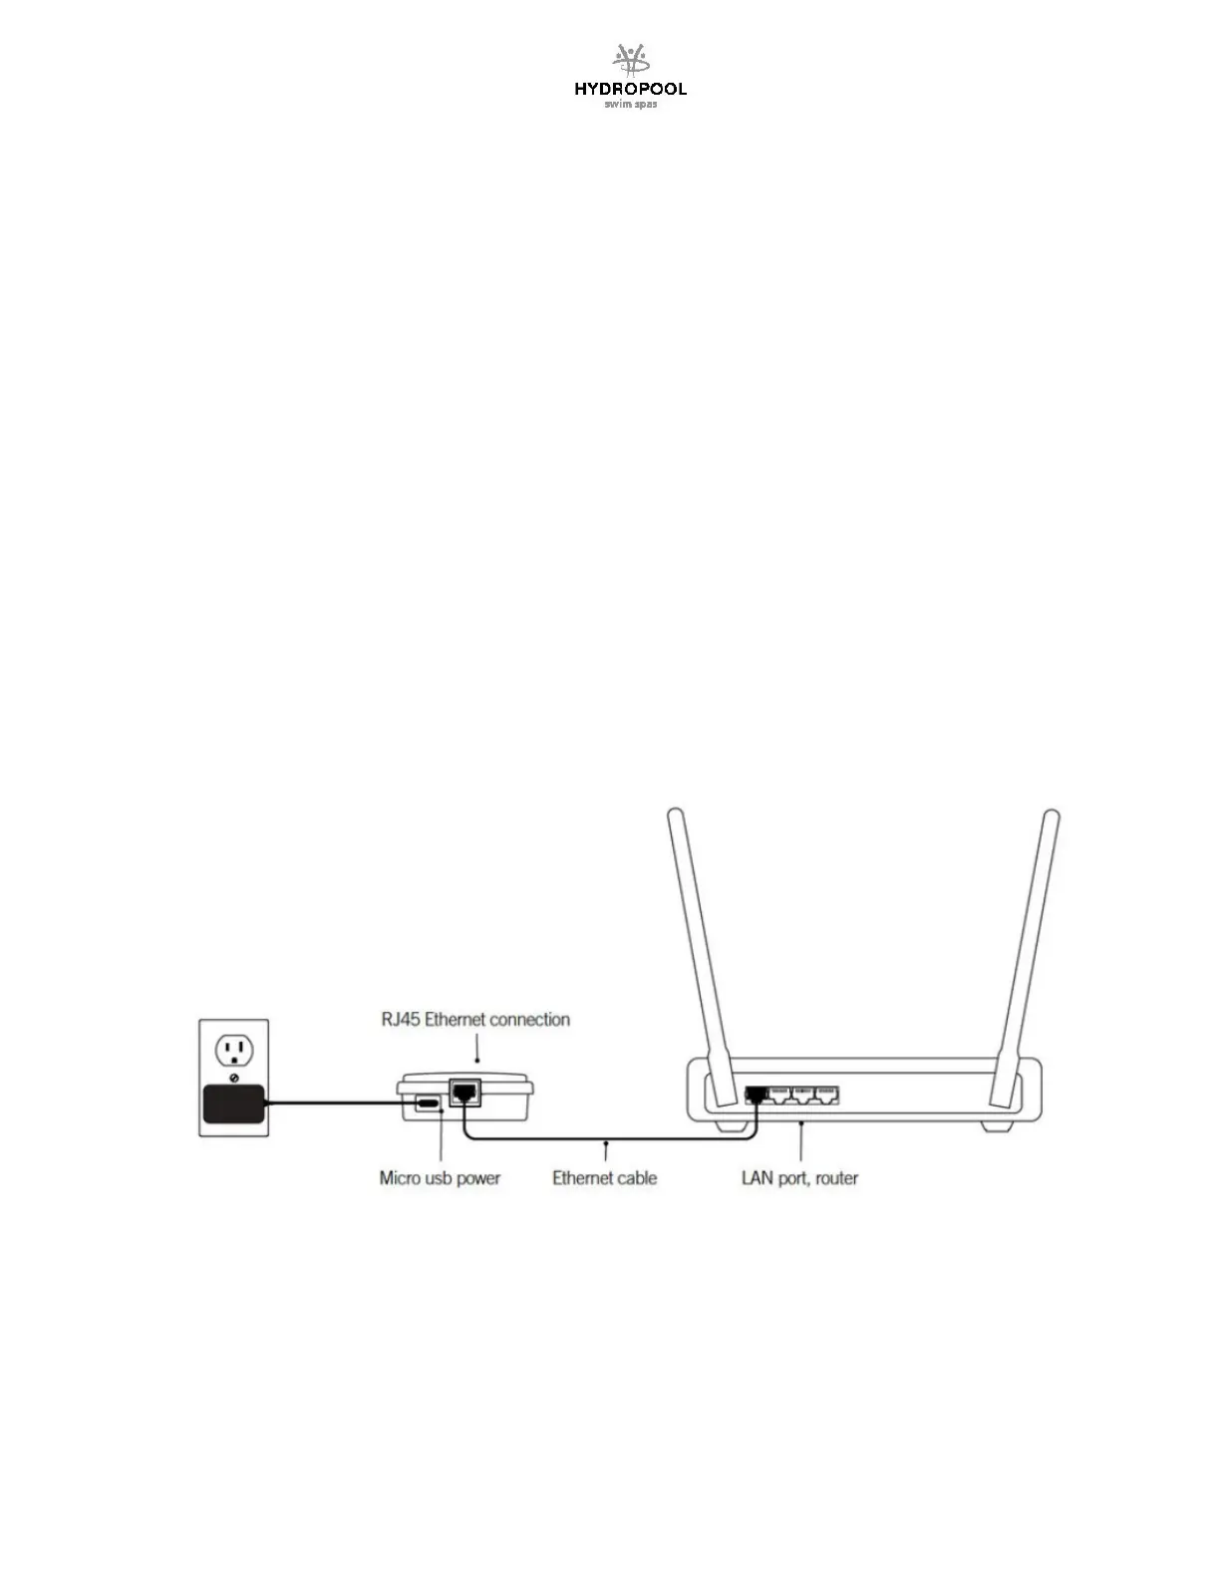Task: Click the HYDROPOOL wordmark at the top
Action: tap(630, 90)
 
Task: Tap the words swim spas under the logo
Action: tap(630, 105)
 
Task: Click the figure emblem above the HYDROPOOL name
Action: tap(630, 61)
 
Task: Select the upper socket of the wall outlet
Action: tap(233, 1050)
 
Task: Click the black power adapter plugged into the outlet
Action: tap(233, 1104)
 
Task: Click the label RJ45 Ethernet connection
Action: tap(475, 1020)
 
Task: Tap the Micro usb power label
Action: tap(440, 1178)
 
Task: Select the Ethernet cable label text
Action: tap(604, 1178)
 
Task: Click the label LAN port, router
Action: tap(799, 1178)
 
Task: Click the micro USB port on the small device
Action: tap(429, 1104)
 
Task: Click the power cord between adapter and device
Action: tap(339, 1103)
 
